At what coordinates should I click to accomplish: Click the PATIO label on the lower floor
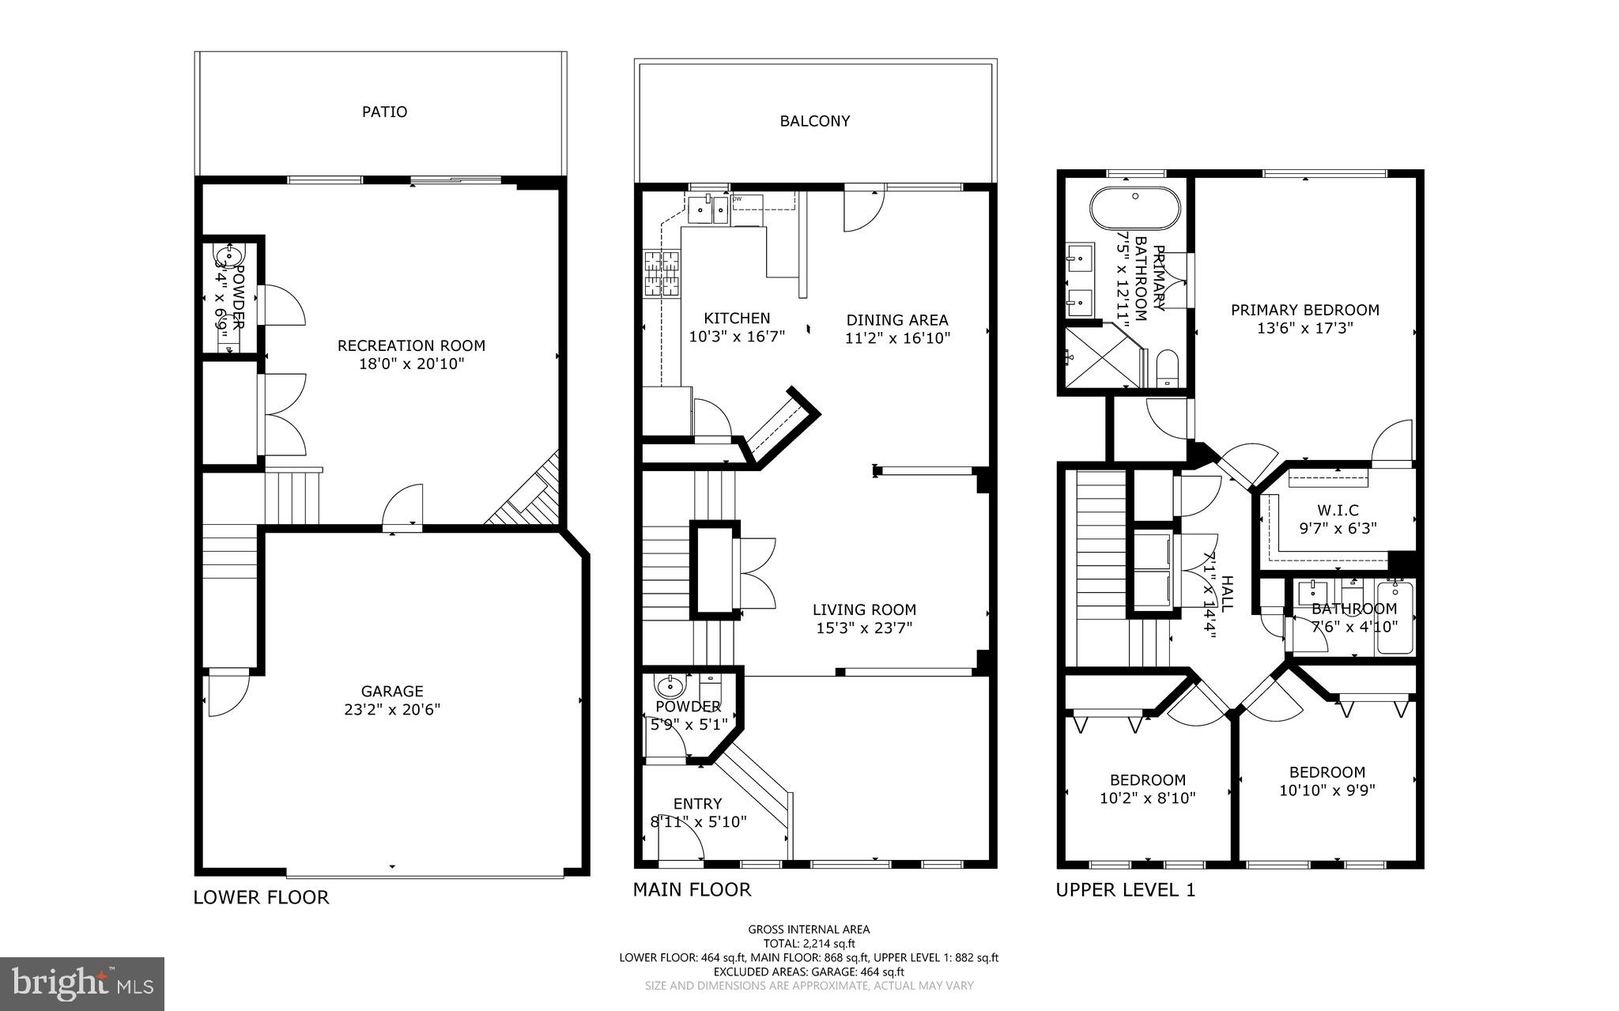(x=384, y=111)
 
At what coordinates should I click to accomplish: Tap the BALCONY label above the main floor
(x=814, y=121)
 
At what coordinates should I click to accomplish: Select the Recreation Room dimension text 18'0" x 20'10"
(x=411, y=364)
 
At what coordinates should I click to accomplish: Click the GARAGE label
(x=392, y=691)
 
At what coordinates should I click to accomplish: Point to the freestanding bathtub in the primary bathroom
(x=1135, y=208)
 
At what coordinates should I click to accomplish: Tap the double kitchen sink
(x=708, y=209)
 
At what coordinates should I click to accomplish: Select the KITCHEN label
(x=737, y=318)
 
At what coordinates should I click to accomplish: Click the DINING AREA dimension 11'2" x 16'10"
(x=897, y=338)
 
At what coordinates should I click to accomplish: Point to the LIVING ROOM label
(x=864, y=609)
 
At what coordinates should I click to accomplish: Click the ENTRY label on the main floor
(x=697, y=804)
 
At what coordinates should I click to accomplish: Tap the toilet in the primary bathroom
(x=1167, y=369)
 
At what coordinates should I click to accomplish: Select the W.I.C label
(x=1338, y=511)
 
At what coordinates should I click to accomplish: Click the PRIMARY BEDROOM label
(x=1304, y=310)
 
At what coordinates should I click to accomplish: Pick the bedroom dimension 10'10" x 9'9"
(x=1327, y=790)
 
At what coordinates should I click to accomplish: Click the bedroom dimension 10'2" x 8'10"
(x=1147, y=798)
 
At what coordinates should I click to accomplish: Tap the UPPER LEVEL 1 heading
(x=1125, y=890)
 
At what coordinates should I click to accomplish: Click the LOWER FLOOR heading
(x=261, y=897)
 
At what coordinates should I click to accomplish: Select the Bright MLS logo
(x=82, y=983)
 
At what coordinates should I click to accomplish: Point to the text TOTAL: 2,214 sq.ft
(x=809, y=943)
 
